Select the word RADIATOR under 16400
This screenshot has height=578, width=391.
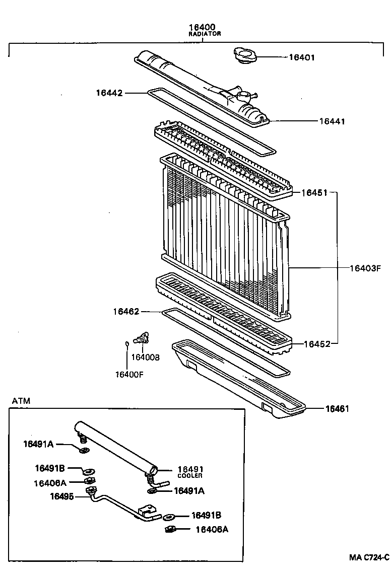205,34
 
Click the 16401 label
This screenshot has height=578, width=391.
301,57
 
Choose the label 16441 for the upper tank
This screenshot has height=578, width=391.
332,121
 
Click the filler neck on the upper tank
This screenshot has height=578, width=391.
242,94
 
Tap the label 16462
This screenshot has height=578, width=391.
126,312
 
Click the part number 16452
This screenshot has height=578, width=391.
317,344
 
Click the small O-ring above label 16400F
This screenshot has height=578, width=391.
127,344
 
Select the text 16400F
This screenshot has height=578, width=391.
129,374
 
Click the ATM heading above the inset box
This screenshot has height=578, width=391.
21,401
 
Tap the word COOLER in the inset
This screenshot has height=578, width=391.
189,476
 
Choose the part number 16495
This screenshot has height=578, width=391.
61,496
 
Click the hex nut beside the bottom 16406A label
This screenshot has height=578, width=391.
170,529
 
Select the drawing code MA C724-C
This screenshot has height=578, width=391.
369,557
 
